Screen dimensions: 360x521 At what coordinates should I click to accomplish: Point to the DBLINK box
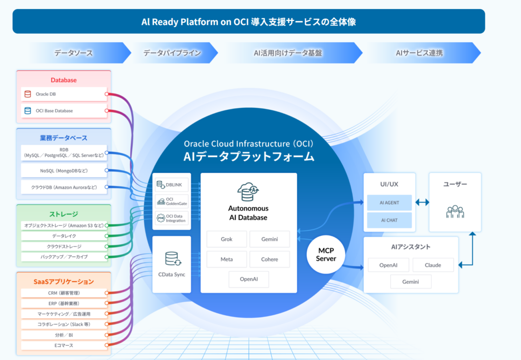pos(171,184)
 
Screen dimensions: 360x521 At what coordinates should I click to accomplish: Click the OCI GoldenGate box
pos(171,201)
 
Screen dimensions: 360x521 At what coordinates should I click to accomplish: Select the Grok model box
pos(226,239)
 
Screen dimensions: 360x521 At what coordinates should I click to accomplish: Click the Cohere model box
pos(270,259)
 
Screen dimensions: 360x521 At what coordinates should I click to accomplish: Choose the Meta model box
pos(226,259)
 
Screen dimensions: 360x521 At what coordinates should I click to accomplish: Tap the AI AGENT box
pos(389,202)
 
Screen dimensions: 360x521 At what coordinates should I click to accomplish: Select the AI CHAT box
pos(389,220)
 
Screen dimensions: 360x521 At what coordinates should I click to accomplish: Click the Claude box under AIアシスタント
pos(432,265)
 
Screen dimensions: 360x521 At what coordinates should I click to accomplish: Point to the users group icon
pos(455,211)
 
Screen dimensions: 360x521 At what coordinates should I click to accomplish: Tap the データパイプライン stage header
pos(172,53)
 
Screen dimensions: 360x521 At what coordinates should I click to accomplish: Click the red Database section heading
pos(64,80)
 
